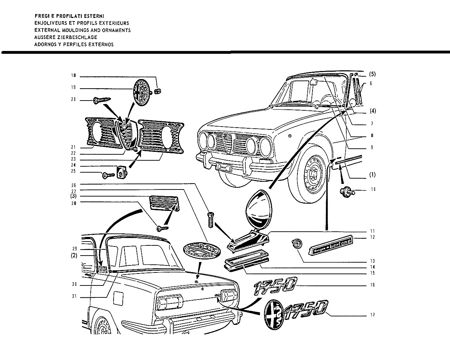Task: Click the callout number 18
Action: pyautogui.click(x=73, y=75)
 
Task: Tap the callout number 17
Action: pyautogui.click(x=372, y=315)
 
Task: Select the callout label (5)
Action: pyautogui.click(x=372, y=74)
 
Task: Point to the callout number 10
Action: pyautogui.click(x=373, y=189)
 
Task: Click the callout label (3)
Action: pyautogui.click(x=73, y=196)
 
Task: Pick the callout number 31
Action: pyautogui.click(x=74, y=296)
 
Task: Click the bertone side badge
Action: pyautogui.click(x=330, y=245)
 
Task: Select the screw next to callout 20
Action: pyautogui.click(x=102, y=101)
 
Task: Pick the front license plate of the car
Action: pyautogui.click(x=224, y=167)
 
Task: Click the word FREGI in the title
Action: pyautogui.click(x=42, y=16)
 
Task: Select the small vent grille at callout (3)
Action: pyautogui.click(x=164, y=203)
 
